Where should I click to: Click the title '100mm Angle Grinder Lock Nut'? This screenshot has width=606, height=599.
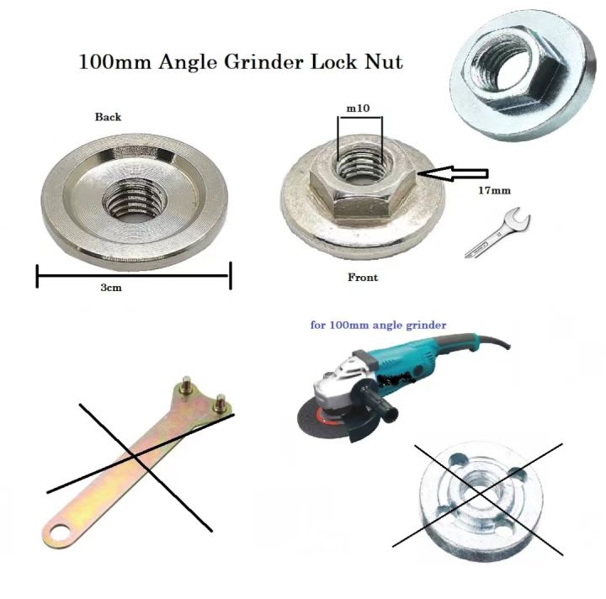pos(240,62)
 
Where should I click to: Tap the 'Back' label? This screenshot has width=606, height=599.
pos(108,117)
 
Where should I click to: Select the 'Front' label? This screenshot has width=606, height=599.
pos(363,278)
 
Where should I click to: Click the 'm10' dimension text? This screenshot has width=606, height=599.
pos(359,109)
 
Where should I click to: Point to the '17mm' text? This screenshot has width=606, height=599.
pos(494,191)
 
